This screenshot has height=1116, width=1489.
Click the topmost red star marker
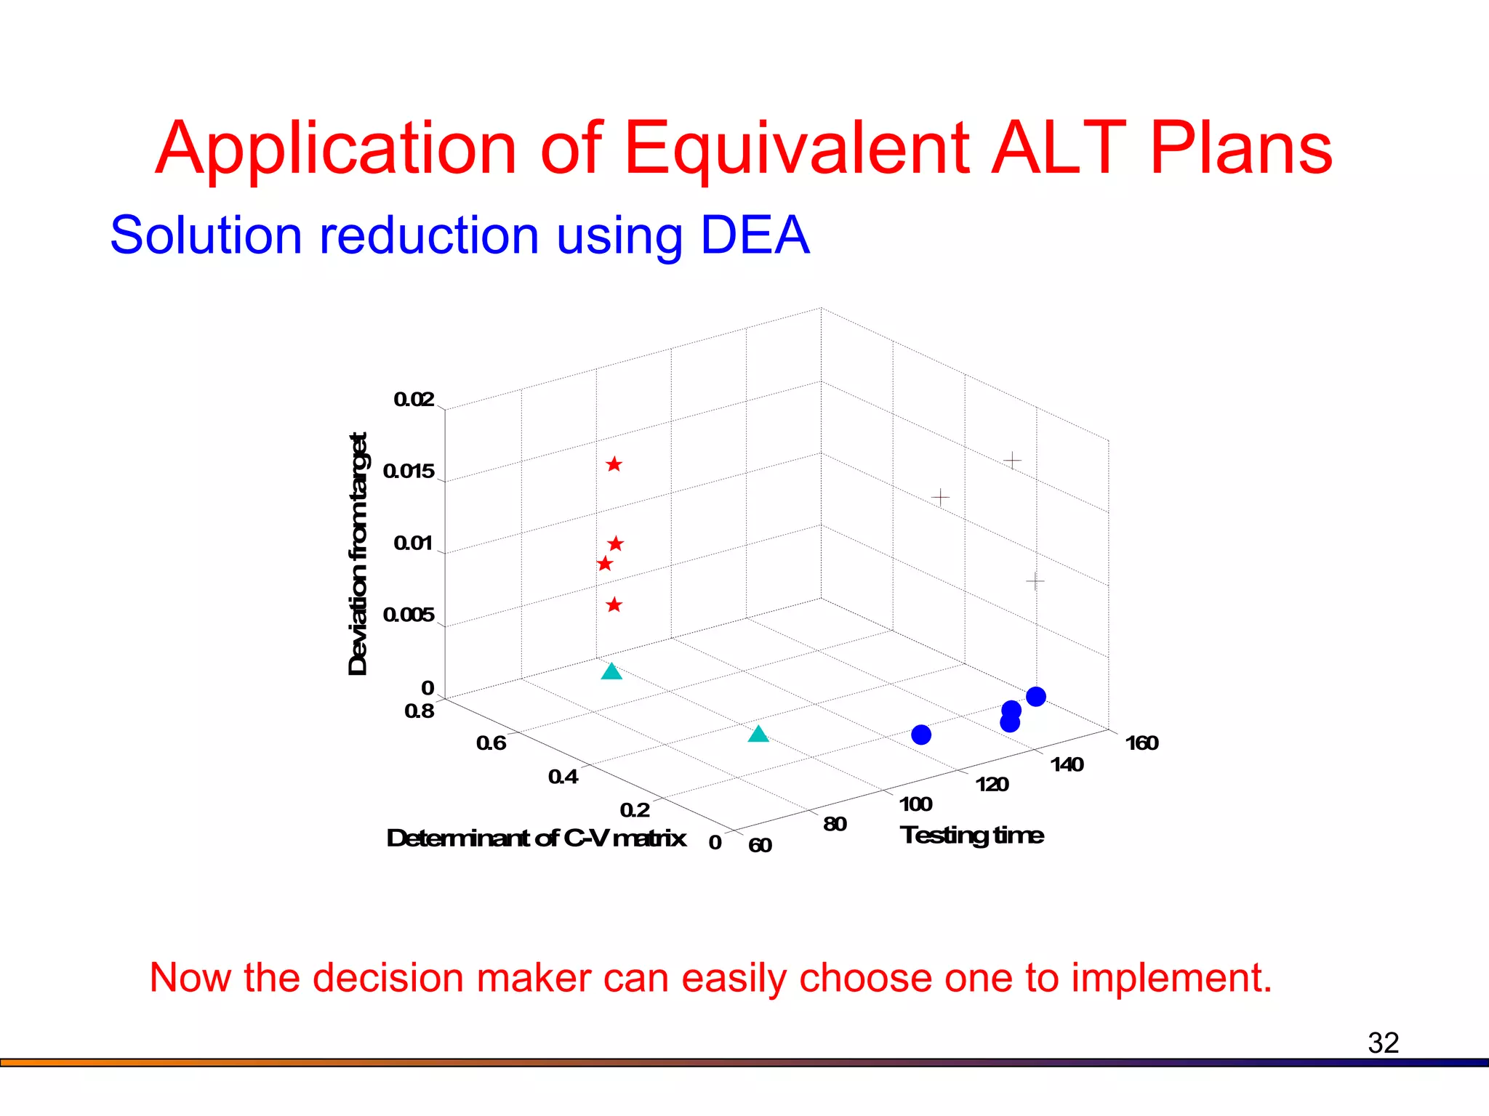[x=614, y=464]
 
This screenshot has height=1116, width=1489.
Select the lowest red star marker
[x=614, y=604]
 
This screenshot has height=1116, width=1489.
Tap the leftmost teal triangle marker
[x=612, y=671]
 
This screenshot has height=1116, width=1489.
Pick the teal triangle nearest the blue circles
[x=758, y=734]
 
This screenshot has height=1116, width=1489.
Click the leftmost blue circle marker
[x=921, y=735]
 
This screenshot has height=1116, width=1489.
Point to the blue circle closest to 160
[x=1036, y=696]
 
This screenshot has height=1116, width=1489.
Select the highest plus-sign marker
[x=1013, y=461]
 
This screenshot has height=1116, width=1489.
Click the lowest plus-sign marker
[x=1035, y=581]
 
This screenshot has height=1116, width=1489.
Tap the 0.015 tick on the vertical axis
[x=409, y=472]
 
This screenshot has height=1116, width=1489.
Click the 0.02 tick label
[x=414, y=400]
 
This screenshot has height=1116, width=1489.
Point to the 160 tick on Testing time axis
[x=1141, y=743]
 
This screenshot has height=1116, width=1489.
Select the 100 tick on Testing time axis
[x=915, y=804]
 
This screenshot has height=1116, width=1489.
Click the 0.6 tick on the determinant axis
[x=491, y=743]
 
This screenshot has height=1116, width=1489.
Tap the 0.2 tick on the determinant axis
[x=635, y=810]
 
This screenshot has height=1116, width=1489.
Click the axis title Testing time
[x=971, y=836]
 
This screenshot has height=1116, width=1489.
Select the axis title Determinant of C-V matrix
[x=537, y=838]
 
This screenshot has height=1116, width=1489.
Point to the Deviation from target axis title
[x=358, y=554]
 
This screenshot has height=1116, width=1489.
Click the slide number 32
[x=1383, y=1043]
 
